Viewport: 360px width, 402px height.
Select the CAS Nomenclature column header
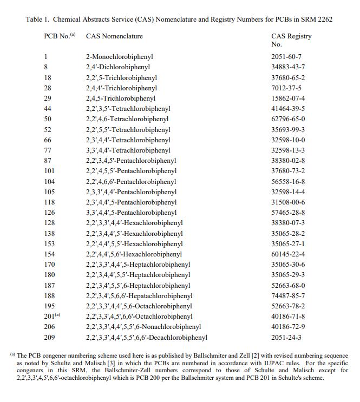(114, 36)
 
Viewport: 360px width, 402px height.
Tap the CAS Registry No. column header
(291, 40)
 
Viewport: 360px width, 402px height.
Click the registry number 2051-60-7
(286, 57)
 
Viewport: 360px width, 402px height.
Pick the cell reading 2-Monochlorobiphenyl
(119, 57)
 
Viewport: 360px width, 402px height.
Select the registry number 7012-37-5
(286, 88)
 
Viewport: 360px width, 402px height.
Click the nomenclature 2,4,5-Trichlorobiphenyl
(120, 98)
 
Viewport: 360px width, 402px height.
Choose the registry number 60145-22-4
(288, 254)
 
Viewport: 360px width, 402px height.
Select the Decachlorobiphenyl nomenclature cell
(146, 338)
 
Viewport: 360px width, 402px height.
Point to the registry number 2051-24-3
(286, 338)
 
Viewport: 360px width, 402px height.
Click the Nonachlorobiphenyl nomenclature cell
(143, 327)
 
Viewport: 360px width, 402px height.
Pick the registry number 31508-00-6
(288, 202)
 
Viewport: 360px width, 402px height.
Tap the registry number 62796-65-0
(288, 119)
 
